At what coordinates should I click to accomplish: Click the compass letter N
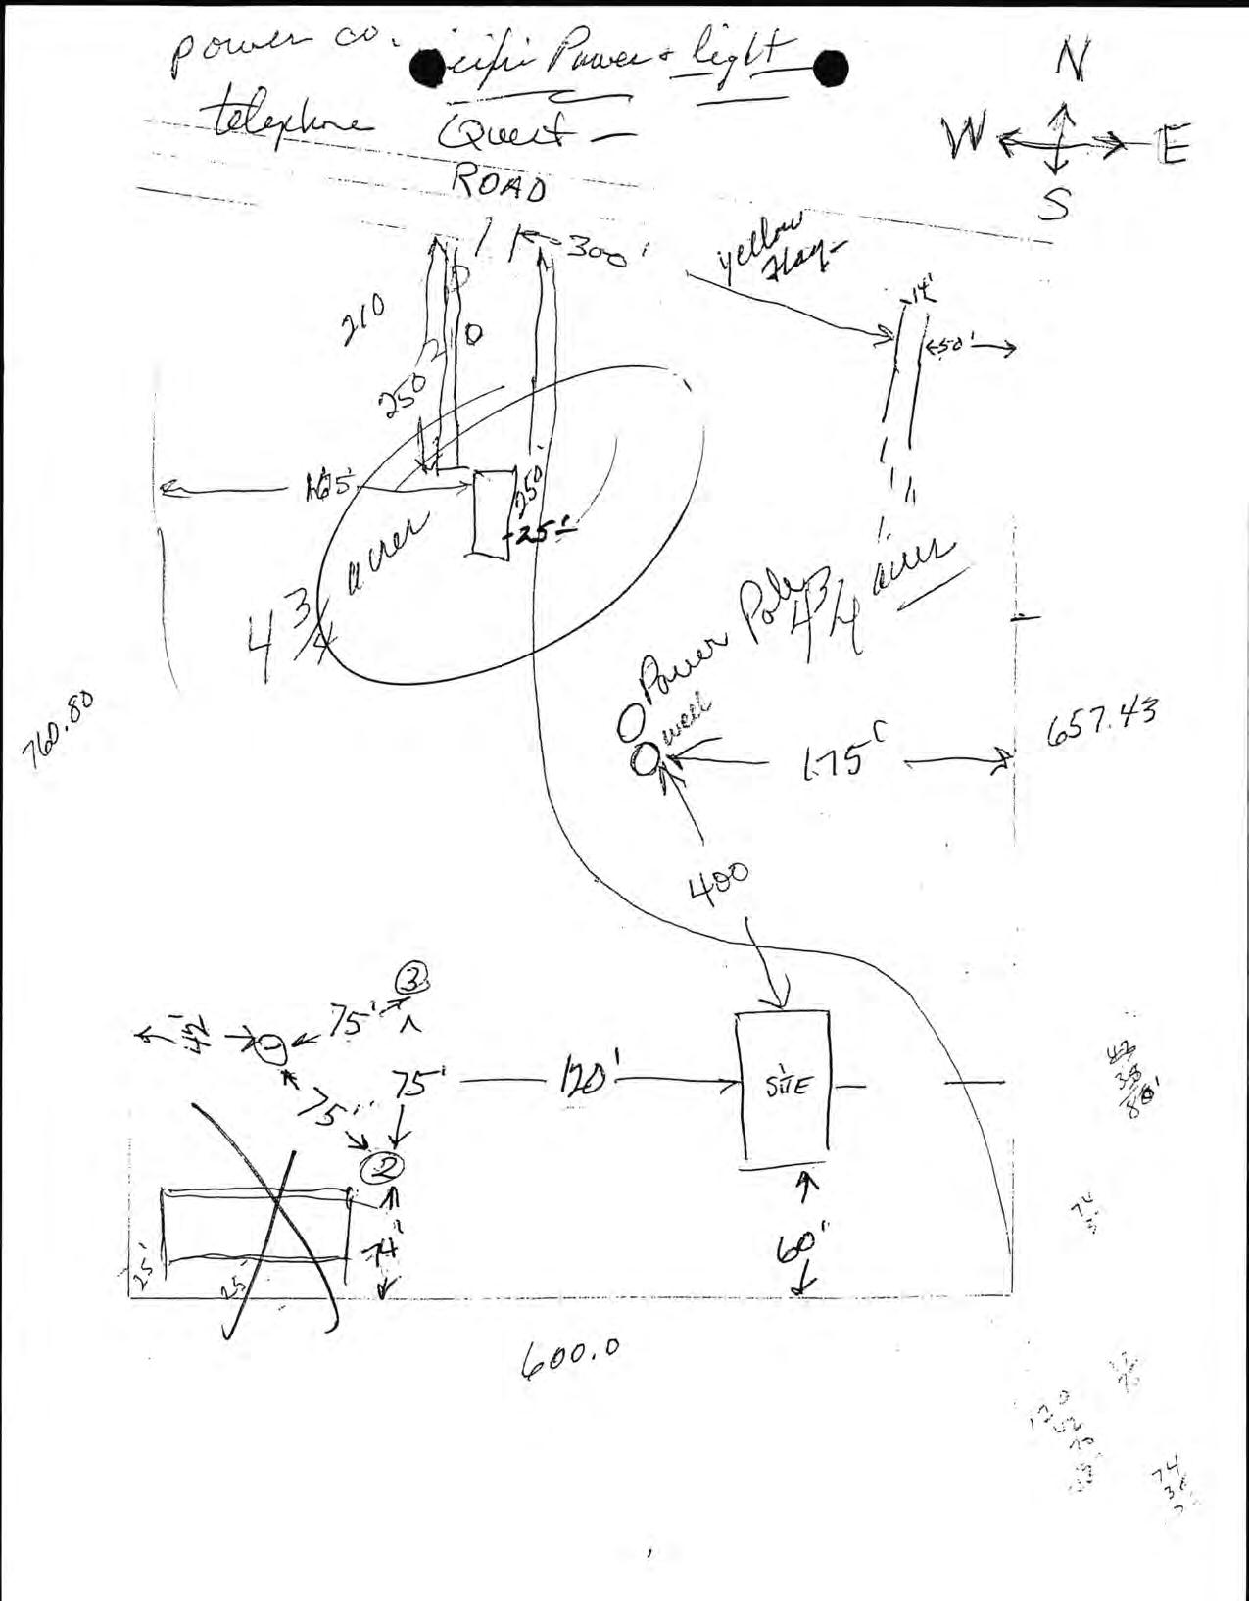1070,64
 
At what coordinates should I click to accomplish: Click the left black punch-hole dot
428,69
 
